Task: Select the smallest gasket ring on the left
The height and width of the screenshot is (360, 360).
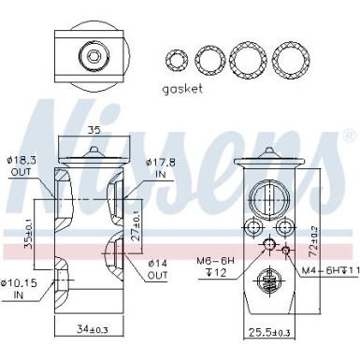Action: click(175, 59)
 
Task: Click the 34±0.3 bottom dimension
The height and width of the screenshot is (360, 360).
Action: click(94, 328)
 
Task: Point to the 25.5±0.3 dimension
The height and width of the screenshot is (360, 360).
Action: click(268, 331)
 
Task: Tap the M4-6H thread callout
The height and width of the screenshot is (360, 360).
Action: click(326, 270)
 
